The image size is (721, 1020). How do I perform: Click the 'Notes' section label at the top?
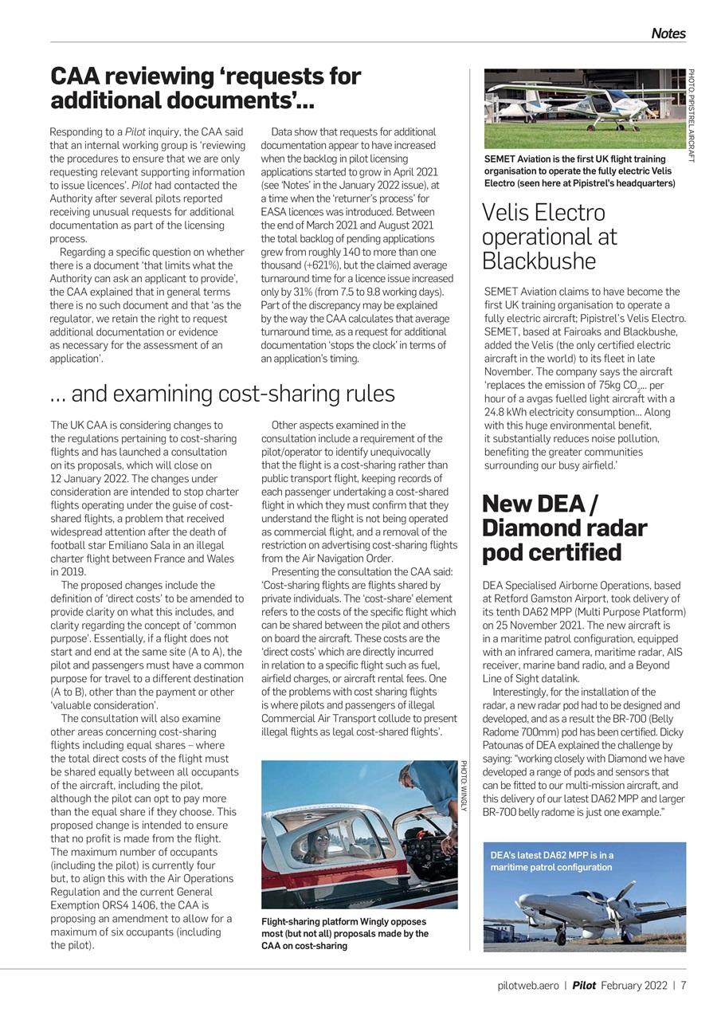(x=668, y=33)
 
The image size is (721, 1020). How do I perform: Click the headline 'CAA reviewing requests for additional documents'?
(x=206, y=88)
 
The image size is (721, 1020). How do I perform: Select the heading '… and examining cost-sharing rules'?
(x=222, y=394)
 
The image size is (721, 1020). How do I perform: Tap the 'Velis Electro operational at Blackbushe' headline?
(x=549, y=237)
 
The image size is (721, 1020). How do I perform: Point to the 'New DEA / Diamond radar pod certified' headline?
(x=564, y=528)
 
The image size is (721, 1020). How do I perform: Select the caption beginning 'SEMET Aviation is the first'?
(x=579, y=171)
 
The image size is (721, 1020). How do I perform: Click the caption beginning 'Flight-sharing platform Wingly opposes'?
(x=345, y=933)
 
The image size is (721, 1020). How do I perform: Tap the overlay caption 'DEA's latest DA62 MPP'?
(x=552, y=861)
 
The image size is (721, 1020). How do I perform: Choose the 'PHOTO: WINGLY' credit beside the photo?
(x=464, y=787)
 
